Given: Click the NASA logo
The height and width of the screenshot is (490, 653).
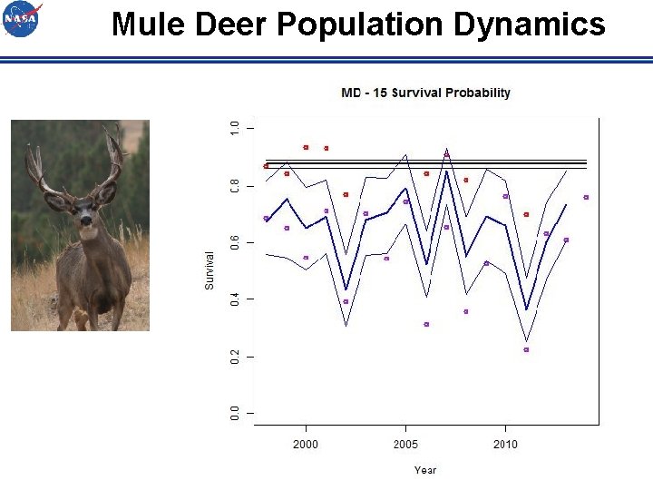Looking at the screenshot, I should (x=22, y=19).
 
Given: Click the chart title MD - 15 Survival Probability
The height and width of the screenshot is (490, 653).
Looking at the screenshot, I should (x=425, y=93).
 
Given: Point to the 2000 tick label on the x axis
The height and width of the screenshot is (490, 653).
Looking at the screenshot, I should (x=306, y=444).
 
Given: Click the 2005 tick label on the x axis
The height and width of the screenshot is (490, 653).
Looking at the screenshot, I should (x=405, y=444).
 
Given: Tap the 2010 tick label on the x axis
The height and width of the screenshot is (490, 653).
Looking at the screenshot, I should (x=505, y=444).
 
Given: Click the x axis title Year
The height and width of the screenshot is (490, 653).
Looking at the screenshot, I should (x=425, y=470).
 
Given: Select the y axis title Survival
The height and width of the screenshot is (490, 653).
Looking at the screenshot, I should (x=210, y=270).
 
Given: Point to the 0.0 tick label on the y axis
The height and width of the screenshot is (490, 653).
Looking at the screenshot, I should (x=235, y=413).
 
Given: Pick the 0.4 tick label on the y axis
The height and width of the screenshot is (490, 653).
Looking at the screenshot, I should (x=235, y=299).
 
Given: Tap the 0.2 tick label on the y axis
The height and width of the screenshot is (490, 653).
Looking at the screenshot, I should (x=235, y=357).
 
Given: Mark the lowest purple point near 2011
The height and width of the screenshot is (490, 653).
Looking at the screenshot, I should (x=526, y=349).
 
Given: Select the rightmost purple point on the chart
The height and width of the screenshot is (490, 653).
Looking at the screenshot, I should (x=586, y=197).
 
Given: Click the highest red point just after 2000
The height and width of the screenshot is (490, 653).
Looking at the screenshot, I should (x=306, y=147).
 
